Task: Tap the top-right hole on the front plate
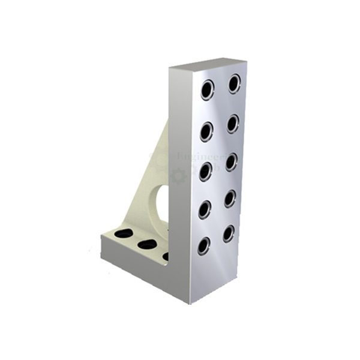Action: (234, 83)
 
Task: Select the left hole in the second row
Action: (206, 131)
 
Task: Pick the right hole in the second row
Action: (233, 124)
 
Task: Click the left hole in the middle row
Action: (206, 171)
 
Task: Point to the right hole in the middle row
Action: (232, 162)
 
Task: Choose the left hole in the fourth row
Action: (205, 209)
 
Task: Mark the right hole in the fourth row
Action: (230, 199)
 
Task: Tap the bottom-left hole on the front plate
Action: (204, 246)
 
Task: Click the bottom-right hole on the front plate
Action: (229, 233)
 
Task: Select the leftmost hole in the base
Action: (124, 233)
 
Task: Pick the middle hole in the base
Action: (146, 244)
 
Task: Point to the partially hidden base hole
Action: (166, 256)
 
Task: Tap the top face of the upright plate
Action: (208, 64)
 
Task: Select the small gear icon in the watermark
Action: (177, 176)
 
